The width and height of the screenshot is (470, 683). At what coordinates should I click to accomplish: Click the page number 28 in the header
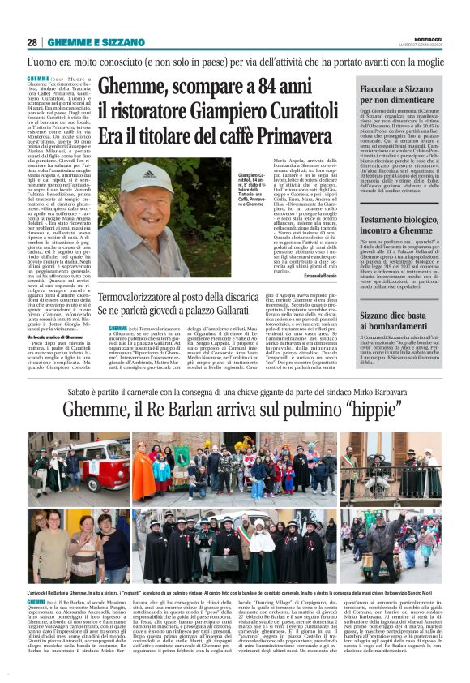click(x=32, y=42)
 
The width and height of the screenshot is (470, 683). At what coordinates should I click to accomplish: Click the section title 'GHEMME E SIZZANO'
click(x=85, y=42)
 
